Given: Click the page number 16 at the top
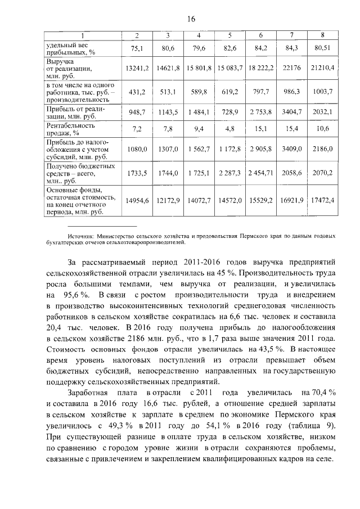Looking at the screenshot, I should click(x=191, y=19).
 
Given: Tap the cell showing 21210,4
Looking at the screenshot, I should click(x=321, y=68).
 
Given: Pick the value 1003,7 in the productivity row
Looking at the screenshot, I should click(x=322, y=91).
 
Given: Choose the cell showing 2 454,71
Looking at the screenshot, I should click(x=260, y=174).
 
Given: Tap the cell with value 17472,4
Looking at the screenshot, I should click(x=321, y=200).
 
